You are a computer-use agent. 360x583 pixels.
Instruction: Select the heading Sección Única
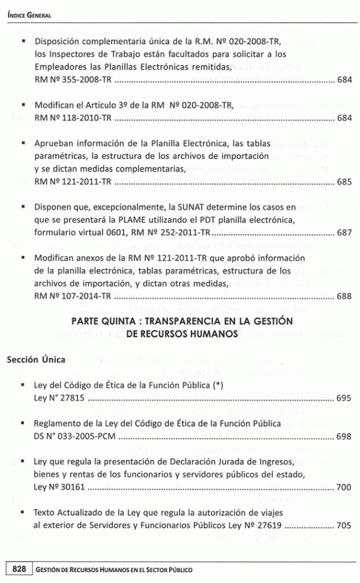pyautogui.click(x=36, y=360)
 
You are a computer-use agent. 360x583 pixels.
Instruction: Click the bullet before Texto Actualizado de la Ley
pyautogui.click(x=22, y=514)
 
